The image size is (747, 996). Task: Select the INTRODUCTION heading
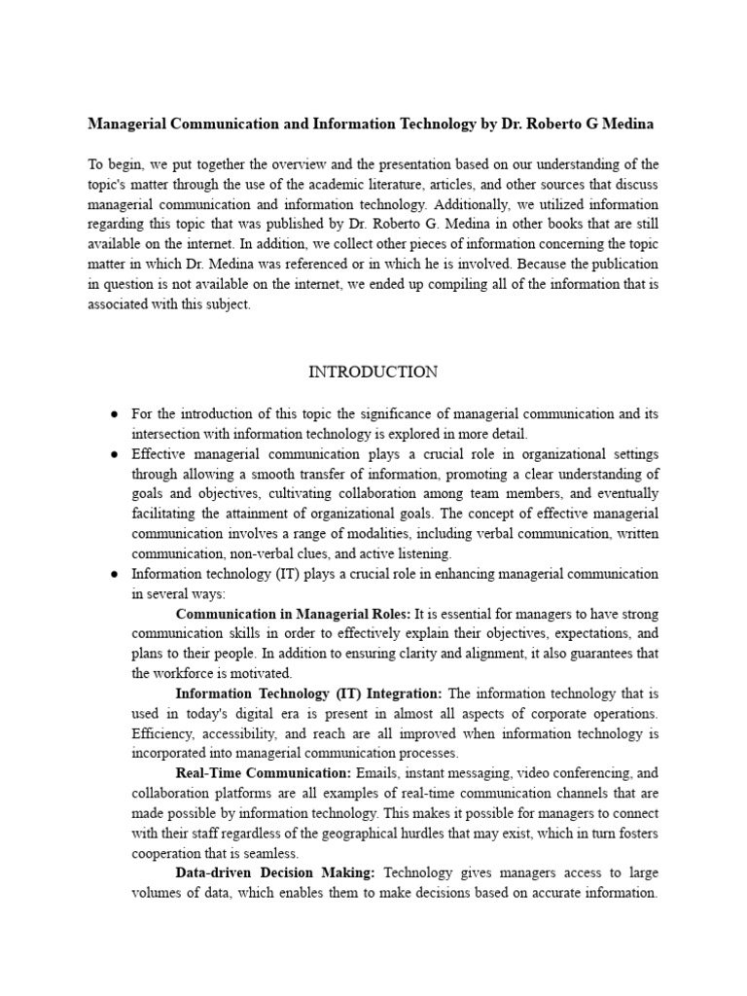[x=373, y=372]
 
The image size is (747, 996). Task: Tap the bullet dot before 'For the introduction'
[x=114, y=414]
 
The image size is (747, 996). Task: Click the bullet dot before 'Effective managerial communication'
[x=114, y=454]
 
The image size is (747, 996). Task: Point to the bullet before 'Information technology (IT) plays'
[x=114, y=574]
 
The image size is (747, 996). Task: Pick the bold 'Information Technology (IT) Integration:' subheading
[x=308, y=694]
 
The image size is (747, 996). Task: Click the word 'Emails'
[x=377, y=773]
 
